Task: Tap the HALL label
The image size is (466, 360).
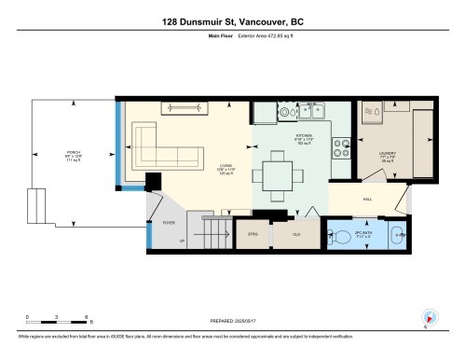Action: click(367, 198)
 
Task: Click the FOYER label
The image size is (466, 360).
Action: click(169, 223)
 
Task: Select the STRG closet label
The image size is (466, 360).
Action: click(252, 234)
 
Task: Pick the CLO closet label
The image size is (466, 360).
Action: click(296, 234)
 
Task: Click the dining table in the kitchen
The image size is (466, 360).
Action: click(276, 175)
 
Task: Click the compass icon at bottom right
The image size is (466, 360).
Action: click(429, 317)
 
